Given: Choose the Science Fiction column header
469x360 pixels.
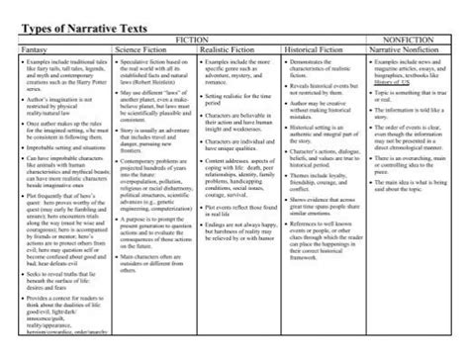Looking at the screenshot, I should coord(143,46).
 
